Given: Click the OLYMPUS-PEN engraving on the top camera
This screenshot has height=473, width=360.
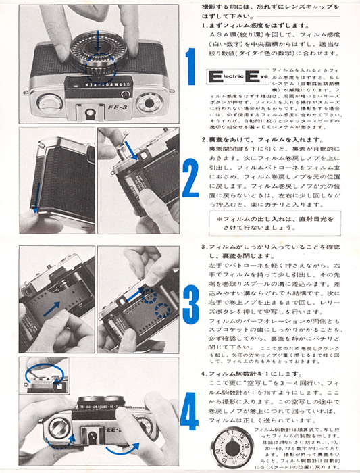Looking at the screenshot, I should click(x=99, y=78).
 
